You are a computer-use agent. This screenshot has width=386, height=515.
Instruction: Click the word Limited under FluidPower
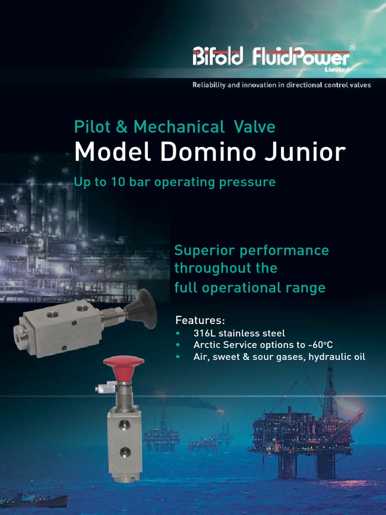pyautogui.click(x=337, y=69)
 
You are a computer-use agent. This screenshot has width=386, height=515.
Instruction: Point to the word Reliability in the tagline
pyautogui.click(x=208, y=85)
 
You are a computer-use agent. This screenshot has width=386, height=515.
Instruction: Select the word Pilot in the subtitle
pyautogui.click(x=91, y=127)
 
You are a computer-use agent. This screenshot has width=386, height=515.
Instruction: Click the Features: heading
pyautogui.click(x=200, y=320)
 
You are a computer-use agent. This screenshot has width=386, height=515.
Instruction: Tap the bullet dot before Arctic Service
pyautogui.click(x=177, y=346)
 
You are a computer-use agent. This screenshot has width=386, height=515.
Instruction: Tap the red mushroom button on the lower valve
pyautogui.click(x=124, y=367)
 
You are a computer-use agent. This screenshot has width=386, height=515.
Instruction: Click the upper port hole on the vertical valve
pyautogui.click(x=123, y=426)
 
